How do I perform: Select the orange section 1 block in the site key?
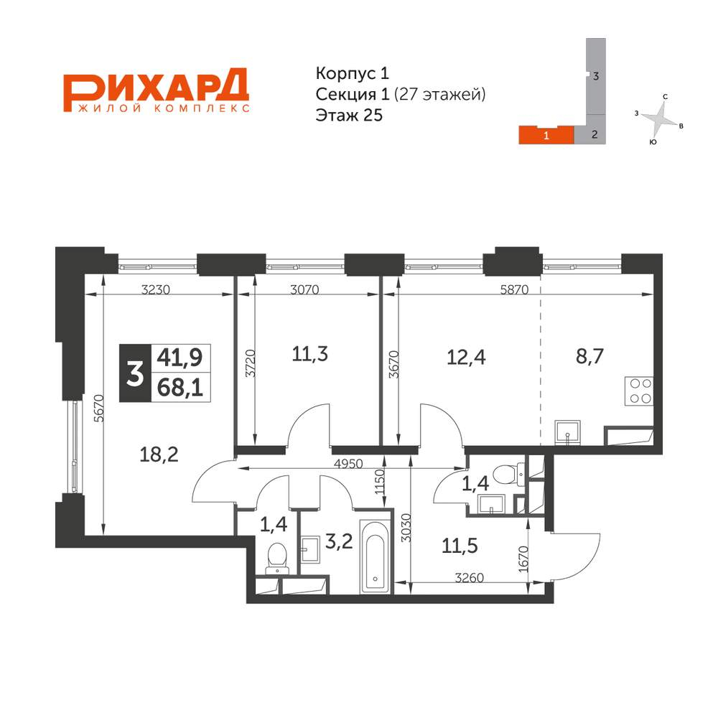pos(546,134)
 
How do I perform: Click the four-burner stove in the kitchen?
pos(639,391)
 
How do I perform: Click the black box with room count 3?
pos(134,373)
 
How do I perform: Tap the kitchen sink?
pos(569,431)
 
